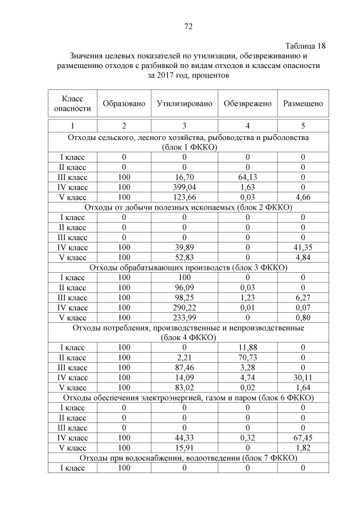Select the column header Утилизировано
184,103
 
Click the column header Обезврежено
247,103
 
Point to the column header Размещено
303,103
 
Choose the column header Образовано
124,103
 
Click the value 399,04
184,187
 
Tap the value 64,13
247,177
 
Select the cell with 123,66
184,197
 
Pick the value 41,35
303,247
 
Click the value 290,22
184,307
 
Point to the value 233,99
184,317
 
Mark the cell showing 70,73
247,357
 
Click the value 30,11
303,377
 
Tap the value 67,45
303,438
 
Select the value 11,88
247,348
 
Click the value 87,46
184,367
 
